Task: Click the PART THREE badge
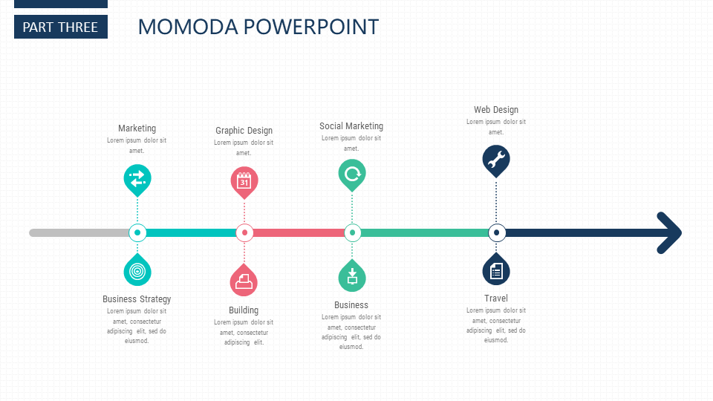click(x=61, y=27)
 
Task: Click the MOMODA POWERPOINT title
click(x=258, y=27)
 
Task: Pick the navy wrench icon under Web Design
click(x=496, y=161)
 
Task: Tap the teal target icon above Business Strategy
click(x=137, y=270)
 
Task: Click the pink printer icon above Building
click(x=244, y=280)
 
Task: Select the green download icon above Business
click(x=352, y=276)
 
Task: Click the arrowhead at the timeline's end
click(x=669, y=232)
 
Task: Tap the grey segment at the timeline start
click(x=79, y=232)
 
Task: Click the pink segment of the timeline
click(x=299, y=232)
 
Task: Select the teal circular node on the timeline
click(x=137, y=232)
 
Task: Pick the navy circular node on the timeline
click(x=497, y=232)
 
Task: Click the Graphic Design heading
click(x=244, y=131)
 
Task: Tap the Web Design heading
click(x=496, y=110)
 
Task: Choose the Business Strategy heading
click(x=137, y=299)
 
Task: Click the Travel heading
click(x=496, y=299)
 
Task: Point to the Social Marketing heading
click(x=351, y=126)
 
